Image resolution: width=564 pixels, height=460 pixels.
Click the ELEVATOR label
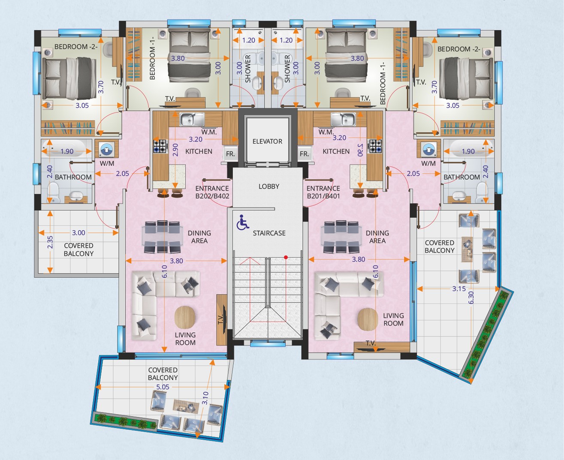click(x=268, y=141)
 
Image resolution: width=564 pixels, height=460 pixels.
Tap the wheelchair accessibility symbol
click(x=242, y=222)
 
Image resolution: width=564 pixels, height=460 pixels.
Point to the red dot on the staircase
click(x=286, y=257)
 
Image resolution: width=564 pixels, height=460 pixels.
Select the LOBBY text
click(x=269, y=186)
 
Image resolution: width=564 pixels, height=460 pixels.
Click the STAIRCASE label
click(x=269, y=233)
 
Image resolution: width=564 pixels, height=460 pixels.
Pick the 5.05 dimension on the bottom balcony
click(x=163, y=387)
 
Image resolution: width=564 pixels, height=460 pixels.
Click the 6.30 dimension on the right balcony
click(x=471, y=298)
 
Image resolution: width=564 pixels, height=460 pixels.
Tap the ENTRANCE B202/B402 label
click(x=212, y=192)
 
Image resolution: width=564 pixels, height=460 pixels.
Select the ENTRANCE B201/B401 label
click(x=323, y=192)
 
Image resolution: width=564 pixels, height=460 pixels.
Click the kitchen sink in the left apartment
click(x=192, y=119)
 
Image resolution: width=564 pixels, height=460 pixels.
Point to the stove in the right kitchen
click(x=375, y=146)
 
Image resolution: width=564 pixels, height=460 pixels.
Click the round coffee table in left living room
click(x=184, y=317)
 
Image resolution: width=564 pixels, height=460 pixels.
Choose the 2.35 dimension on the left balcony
click(x=50, y=242)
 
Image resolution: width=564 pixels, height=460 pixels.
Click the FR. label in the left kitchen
click(x=230, y=153)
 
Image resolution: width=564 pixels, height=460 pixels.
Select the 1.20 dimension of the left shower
click(x=249, y=40)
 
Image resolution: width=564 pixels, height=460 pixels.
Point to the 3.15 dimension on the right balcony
click(x=459, y=289)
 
